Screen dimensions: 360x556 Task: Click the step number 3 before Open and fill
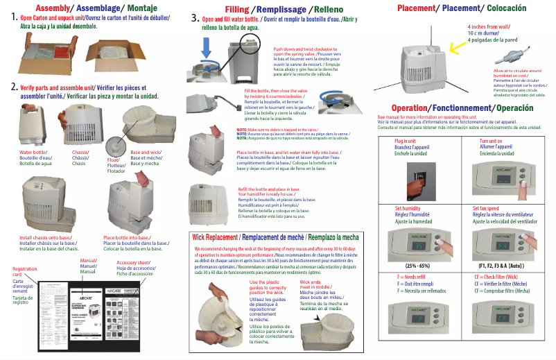196,19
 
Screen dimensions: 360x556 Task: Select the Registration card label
24,271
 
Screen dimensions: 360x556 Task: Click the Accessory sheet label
135,263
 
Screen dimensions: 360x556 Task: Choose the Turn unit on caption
489,142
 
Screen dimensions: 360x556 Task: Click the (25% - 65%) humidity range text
420,265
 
